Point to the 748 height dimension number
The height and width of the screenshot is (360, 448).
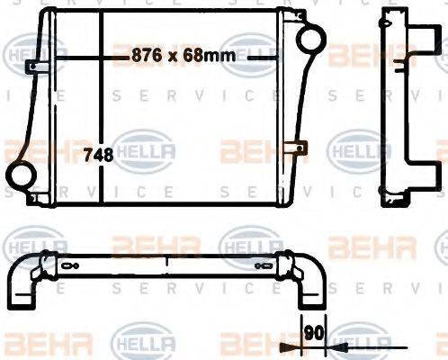click(98, 155)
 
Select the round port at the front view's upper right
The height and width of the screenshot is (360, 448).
click(310, 40)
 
